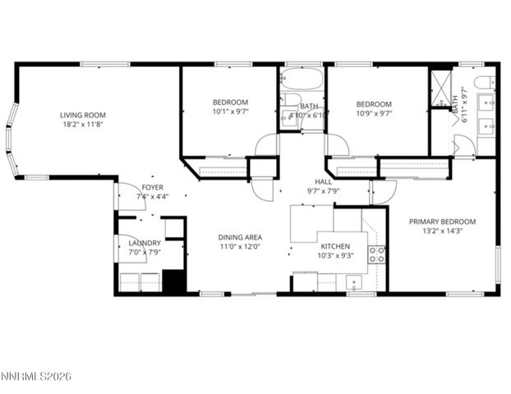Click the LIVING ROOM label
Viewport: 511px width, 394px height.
[83, 115]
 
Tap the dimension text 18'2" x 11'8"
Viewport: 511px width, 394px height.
[83, 126]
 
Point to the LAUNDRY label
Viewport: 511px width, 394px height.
[145, 243]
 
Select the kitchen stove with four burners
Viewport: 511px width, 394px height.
[377, 254]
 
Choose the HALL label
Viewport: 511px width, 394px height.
[323, 181]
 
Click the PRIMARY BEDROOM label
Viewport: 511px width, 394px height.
[444, 221]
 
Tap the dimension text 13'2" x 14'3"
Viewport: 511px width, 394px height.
[444, 231]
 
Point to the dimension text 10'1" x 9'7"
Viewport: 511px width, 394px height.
[229, 112]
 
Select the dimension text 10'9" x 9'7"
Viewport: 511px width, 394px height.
[374, 114]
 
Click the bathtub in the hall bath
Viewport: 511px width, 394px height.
[301, 80]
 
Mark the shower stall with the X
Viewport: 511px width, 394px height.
[440, 87]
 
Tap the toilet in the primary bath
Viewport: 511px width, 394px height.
[486, 81]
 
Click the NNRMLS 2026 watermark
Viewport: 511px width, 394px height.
[36, 376]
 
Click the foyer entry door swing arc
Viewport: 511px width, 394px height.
[129, 196]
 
